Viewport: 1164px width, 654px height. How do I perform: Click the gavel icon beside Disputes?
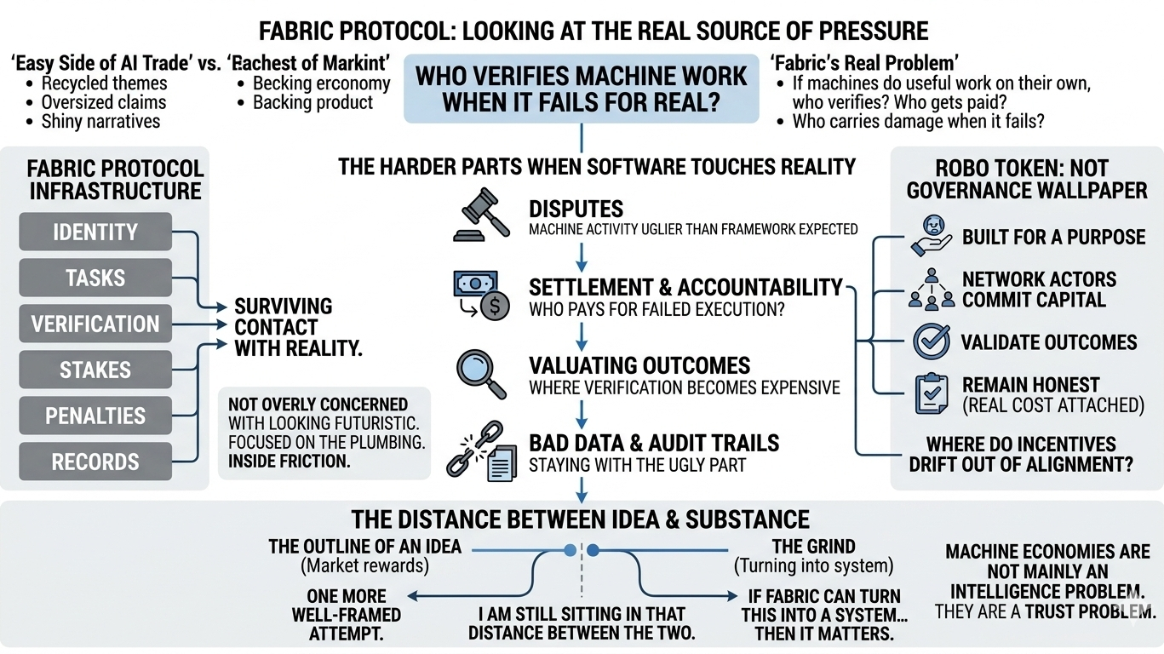pos(482,216)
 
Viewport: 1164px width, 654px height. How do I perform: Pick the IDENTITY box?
pos(95,232)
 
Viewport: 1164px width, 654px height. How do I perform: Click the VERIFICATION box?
pos(95,324)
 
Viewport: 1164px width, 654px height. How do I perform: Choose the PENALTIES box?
pos(95,416)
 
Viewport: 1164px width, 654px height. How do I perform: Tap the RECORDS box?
pos(95,462)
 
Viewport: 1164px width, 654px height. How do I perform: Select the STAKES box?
pos(95,370)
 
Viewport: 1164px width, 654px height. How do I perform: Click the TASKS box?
pos(95,278)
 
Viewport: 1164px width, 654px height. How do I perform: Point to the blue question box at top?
pos(582,89)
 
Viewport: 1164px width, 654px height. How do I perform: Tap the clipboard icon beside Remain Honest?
pos(930,394)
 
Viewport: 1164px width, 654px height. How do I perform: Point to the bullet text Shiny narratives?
pos(100,121)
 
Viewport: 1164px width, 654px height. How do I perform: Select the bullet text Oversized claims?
pos(103,102)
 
